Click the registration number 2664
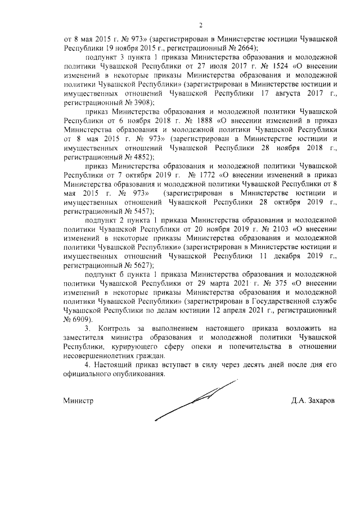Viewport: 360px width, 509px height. click(230, 48)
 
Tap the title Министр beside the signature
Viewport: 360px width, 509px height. click(78, 402)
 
